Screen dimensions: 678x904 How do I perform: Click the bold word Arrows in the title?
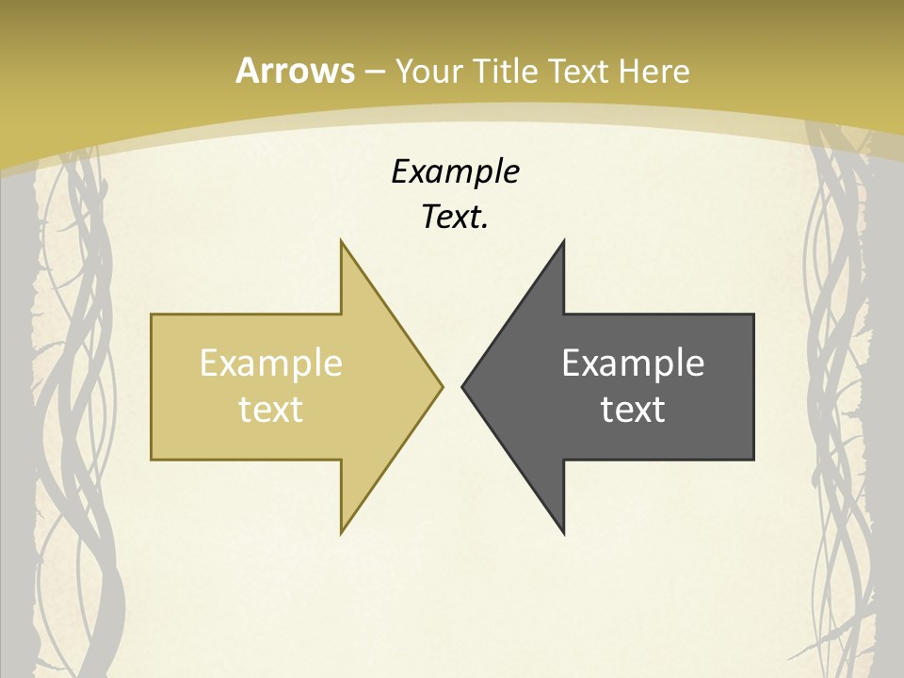[x=294, y=71]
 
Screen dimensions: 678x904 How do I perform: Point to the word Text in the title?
[x=580, y=71]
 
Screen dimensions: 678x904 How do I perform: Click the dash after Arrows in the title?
[x=374, y=72]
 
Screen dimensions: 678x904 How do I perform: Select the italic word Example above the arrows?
[x=455, y=171]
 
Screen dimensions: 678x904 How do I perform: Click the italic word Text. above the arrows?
[x=455, y=218]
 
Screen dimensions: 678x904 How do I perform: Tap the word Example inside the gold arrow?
[x=271, y=363]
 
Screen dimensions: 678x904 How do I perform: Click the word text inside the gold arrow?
[x=271, y=409]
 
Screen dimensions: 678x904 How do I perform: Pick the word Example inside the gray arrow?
[x=633, y=363]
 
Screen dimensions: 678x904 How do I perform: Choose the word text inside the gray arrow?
[x=633, y=409]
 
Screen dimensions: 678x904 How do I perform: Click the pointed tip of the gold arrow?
[x=441, y=386]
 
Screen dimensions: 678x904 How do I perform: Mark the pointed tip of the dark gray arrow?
[x=463, y=386]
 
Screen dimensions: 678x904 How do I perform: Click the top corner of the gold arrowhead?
[x=342, y=242]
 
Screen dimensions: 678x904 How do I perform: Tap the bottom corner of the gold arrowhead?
[x=342, y=532]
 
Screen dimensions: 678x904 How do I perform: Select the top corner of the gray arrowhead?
[x=563, y=242]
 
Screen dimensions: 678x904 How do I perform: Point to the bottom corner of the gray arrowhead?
[x=563, y=532]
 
